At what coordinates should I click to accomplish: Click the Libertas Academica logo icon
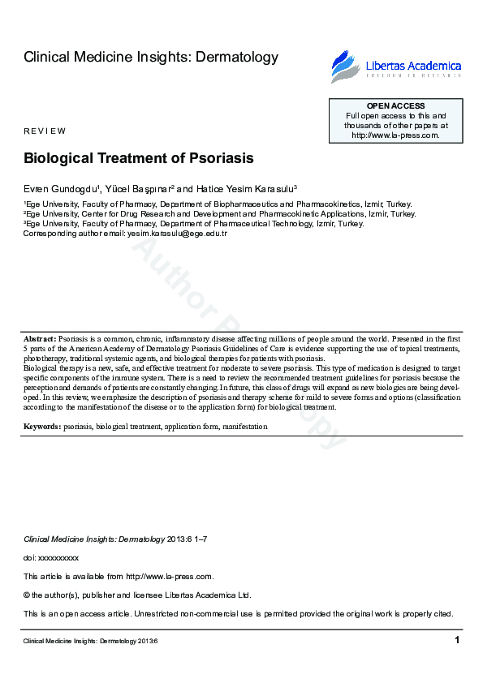pos(343,66)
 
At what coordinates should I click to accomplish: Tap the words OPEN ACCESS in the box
pos(395,106)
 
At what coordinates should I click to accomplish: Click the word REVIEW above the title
pos(45,131)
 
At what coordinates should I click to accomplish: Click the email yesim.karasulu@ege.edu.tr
pos(176,234)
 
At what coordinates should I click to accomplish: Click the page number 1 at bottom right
pos(457,641)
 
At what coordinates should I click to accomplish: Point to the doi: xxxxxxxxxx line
pos(51,558)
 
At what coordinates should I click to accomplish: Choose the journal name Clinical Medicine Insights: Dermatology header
pos(151,57)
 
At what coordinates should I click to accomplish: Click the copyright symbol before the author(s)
pos(27,595)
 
